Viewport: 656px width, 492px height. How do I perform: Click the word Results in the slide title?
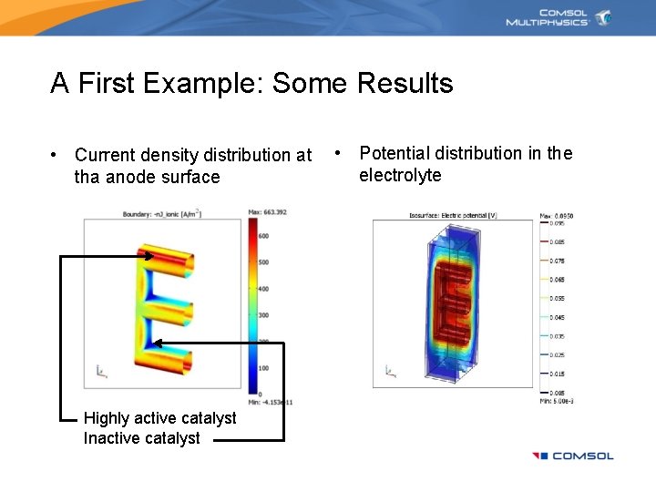405,84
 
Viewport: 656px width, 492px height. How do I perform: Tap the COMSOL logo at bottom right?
573,456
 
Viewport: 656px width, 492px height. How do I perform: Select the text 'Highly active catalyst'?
159,418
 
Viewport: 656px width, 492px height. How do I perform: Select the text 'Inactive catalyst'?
141,438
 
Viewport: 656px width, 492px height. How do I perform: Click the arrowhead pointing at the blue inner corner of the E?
158,343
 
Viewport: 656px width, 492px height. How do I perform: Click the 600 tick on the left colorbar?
263,235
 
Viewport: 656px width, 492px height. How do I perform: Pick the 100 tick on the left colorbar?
263,368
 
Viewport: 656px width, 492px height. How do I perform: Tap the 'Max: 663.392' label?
269,212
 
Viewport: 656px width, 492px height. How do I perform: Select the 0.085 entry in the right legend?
555,241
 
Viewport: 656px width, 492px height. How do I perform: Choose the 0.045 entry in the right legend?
555,317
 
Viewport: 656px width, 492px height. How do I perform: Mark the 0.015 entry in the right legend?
555,374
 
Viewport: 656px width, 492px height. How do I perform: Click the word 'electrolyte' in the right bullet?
400,175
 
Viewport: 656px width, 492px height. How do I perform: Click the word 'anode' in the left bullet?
132,177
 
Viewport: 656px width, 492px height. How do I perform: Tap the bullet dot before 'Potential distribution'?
338,153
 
